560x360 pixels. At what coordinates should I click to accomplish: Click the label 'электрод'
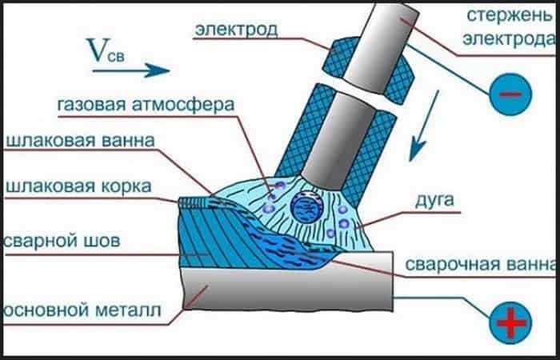point(234,30)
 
